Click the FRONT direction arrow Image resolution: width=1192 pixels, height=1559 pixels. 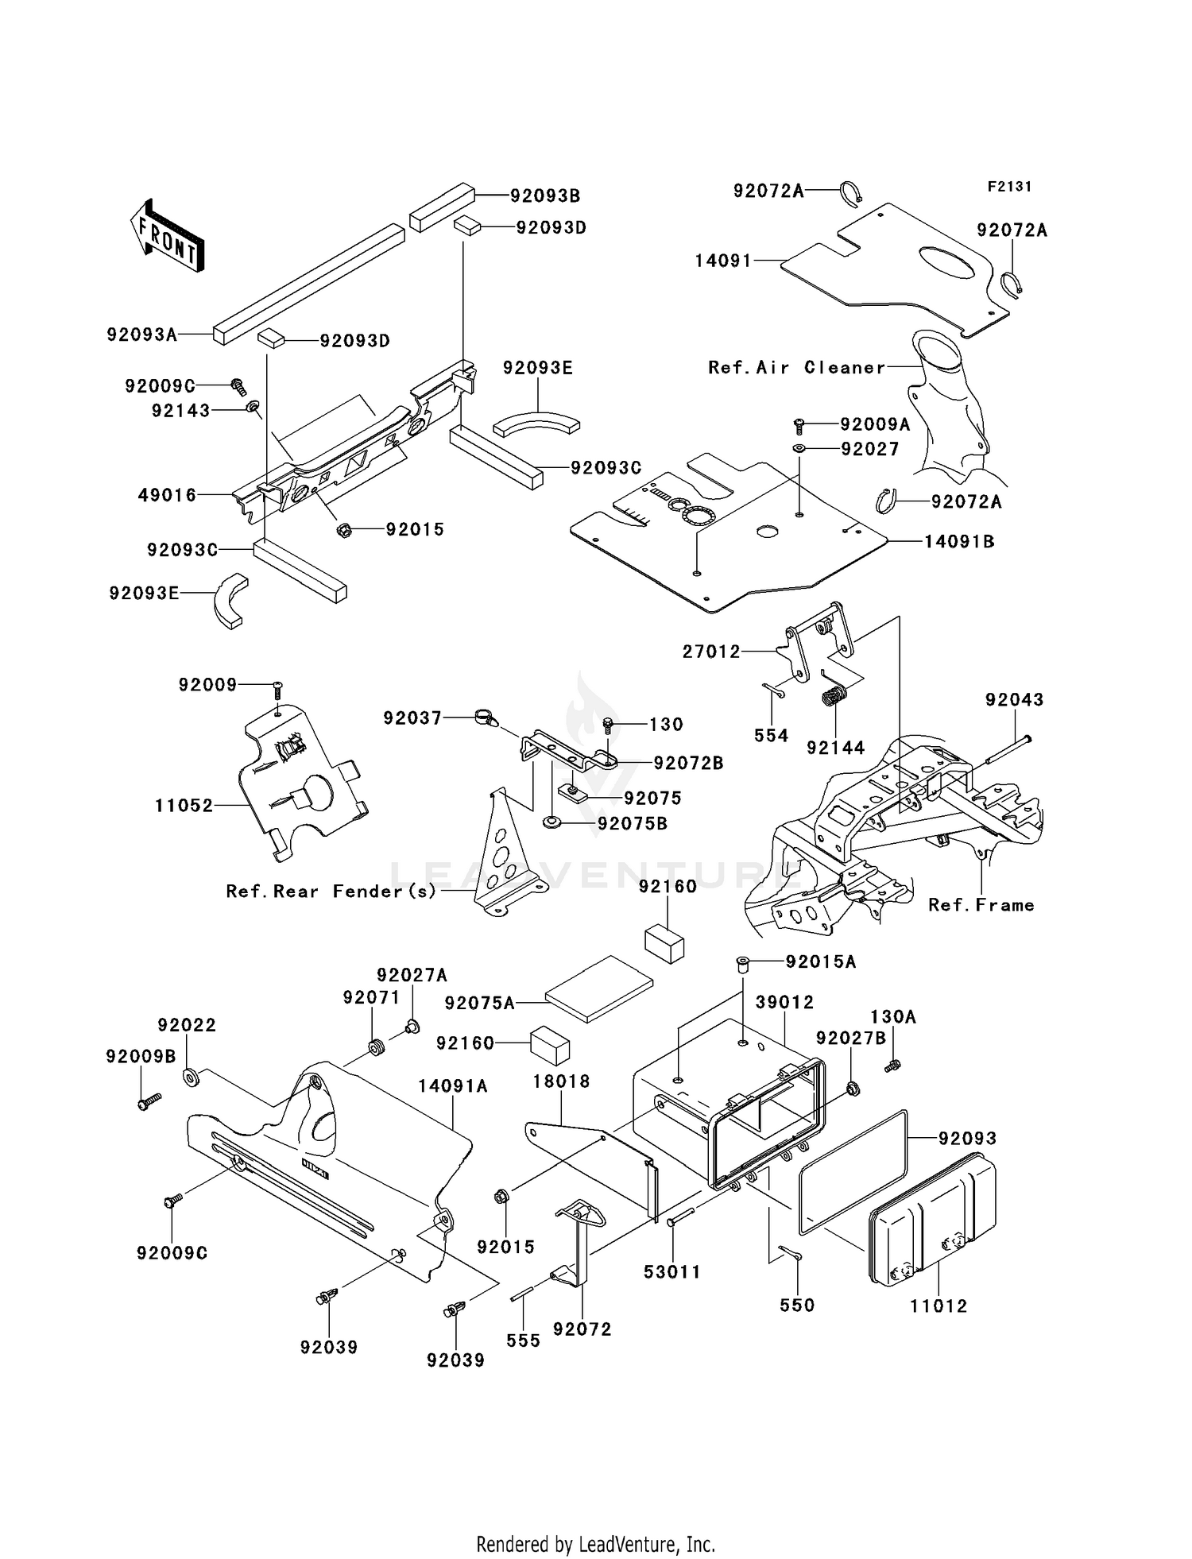click(167, 237)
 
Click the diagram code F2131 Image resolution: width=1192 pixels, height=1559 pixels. click(1008, 187)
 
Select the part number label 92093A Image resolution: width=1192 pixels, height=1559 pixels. click(142, 335)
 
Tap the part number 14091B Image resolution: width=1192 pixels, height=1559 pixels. click(959, 542)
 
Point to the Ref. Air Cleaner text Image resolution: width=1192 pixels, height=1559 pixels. click(796, 367)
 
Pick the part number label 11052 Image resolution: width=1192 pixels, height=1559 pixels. click(184, 806)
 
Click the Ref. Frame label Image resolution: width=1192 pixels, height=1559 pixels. click(981, 905)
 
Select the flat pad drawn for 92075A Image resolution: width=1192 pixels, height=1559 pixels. click(599, 988)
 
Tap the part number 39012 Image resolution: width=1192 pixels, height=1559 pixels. click(784, 1003)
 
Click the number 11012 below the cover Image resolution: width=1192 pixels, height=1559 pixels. click(939, 1306)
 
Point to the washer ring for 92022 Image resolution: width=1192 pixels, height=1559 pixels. click(191, 1077)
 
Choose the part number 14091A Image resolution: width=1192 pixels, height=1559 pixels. click(454, 1086)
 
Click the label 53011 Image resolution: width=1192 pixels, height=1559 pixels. click(672, 1272)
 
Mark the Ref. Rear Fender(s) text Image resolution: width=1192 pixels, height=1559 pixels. click(331, 892)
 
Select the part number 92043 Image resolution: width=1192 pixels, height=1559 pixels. click(1014, 700)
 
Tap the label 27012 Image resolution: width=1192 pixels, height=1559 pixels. click(710, 652)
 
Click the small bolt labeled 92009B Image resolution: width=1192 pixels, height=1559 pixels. click(148, 1101)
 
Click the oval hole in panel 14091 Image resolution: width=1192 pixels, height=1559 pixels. click(946, 263)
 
